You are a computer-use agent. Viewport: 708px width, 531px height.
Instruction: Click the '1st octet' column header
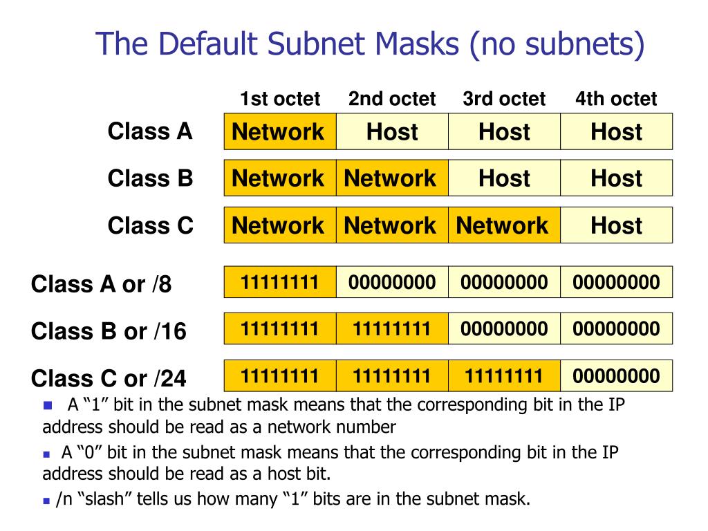coord(280,99)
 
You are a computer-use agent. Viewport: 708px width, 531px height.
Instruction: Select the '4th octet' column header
coord(615,99)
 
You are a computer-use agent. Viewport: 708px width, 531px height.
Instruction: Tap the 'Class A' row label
coord(150,131)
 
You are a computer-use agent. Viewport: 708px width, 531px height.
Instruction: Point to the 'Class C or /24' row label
coord(109,378)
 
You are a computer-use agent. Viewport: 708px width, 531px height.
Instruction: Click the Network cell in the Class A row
coord(280,132)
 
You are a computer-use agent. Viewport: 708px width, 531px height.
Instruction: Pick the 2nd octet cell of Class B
coord(392,178)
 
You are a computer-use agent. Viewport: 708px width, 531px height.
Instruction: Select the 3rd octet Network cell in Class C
coord(504,225)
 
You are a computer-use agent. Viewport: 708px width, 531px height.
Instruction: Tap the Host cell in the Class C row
coord(616,225)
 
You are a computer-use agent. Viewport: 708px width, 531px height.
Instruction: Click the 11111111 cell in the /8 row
coord(280,282)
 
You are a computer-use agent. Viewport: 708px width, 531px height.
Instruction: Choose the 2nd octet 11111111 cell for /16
coord(392,328)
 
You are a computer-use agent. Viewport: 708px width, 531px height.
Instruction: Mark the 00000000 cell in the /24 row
coord(616,376)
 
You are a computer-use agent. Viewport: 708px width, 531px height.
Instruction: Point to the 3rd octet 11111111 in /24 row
coord(504,376)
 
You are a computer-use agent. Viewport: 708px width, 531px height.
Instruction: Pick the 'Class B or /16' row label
coord(109,331)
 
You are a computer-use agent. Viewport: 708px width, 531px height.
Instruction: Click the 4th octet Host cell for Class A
coord(616,132)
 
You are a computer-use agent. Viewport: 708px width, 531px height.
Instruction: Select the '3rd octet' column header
coord(504,99)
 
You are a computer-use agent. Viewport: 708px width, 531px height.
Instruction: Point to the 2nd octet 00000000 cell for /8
coord(392,282)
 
